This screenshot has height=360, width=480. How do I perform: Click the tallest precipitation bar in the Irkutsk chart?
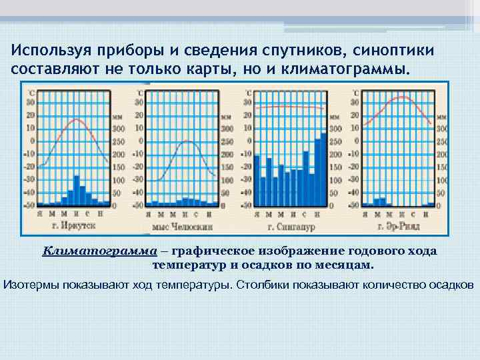point(77,189)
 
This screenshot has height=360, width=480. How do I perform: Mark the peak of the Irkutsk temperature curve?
point(77,120)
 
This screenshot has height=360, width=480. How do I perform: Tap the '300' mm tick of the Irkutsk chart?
point(119,129)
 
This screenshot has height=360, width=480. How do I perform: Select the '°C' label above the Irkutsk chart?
point(31,92)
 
